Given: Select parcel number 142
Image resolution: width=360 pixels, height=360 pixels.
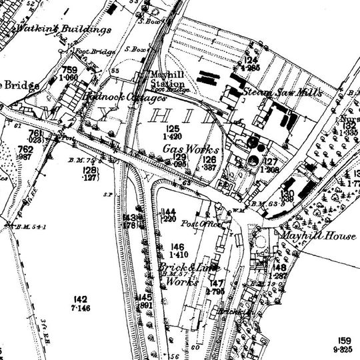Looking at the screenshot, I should click(x=81, y=299).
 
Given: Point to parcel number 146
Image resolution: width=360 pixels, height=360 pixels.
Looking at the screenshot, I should click(x=177, y=247).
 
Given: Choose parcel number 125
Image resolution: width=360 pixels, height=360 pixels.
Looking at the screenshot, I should click(x=173, y=128).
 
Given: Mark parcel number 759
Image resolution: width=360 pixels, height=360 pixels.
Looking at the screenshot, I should click(x=69, y=69).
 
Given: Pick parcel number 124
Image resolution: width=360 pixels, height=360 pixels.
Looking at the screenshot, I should click(x=251, y=61).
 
